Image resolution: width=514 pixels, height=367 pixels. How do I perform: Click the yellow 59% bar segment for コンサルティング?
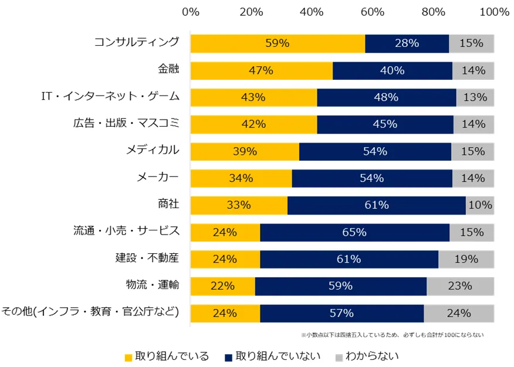[x=278, y=43]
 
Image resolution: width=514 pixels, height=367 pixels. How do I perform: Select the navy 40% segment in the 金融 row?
[x=392, y=71]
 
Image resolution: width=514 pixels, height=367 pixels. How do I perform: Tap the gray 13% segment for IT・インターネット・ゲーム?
[x=475, y=97]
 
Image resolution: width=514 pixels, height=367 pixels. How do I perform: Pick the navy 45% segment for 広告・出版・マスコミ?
[x=385, y=124]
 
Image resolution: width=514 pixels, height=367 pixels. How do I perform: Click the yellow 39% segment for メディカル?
[x=245, y=151]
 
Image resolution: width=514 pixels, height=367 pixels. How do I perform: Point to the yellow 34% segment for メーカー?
[x=241, y=178]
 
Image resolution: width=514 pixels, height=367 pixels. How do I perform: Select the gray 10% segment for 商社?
[x=479, y=205]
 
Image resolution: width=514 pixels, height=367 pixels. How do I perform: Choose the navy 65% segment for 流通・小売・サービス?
[x=354, y=232]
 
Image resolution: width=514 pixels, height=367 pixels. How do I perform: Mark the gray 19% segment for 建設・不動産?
[x=466, y=259]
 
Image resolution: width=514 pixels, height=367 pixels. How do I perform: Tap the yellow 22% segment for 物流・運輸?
[x=222, y=286]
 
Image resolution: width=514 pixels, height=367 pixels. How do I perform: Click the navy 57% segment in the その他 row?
[x=341, y=313]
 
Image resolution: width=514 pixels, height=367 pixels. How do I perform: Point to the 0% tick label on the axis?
[x=191, y=12]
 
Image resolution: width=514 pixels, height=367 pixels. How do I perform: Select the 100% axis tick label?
[x=493, y=12]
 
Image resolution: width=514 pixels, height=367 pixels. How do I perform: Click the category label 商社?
[x=168, y=205]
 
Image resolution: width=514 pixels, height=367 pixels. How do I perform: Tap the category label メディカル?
[x=153, y=151]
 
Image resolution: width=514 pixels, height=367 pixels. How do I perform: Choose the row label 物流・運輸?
[x=153, y=286]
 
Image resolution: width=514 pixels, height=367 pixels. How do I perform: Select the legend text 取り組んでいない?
[x=279, y=356]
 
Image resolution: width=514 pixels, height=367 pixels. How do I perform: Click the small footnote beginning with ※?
[x=392, y=335]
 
